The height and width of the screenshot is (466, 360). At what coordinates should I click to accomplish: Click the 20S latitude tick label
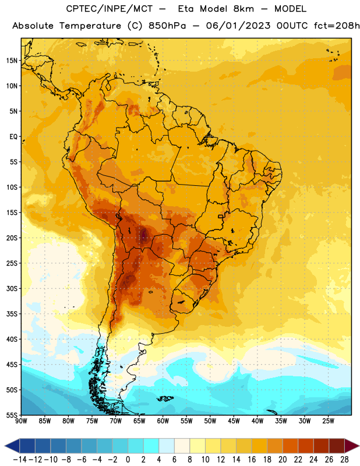click(x=12, y=238)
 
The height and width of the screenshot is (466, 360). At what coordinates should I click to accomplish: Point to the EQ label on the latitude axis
click(x=13, y=137)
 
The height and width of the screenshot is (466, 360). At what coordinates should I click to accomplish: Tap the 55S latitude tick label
click(x=12, y=415)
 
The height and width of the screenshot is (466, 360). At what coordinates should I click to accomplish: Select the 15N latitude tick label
click(x=12, y=61)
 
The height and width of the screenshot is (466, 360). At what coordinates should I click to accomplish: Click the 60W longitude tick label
click(x=163, y=421)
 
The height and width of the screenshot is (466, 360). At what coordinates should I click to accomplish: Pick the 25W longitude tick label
click(x=328, y=421)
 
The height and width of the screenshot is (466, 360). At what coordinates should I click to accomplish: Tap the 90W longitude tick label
click(x=21, y=421)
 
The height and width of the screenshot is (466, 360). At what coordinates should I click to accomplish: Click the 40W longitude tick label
click(x=257, y=421)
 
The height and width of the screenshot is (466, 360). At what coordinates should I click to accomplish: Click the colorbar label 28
click(x=344, y=460)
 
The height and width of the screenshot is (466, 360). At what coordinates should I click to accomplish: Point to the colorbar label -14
click(x=20, y=460)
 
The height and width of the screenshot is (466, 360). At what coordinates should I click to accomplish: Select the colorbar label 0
click(x=128, y=460)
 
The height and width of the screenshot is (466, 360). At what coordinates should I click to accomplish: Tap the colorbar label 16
click(x=252, y=460)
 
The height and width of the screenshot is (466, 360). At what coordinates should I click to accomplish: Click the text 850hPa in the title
click(x=167, y=26)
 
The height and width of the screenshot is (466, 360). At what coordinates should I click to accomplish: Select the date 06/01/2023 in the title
click(x=238, y=26)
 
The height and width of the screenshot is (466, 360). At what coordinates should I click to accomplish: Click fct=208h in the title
click(x=337, y=26)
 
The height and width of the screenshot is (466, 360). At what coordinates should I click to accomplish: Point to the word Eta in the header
click(x=186, y=9)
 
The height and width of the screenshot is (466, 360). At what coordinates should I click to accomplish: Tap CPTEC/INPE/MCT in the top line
click(x=110, y=9)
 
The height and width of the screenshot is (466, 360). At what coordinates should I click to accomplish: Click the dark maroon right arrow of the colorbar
click(x=352, y=446)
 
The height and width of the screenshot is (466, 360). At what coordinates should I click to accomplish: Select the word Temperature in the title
click(x=90, y=26)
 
